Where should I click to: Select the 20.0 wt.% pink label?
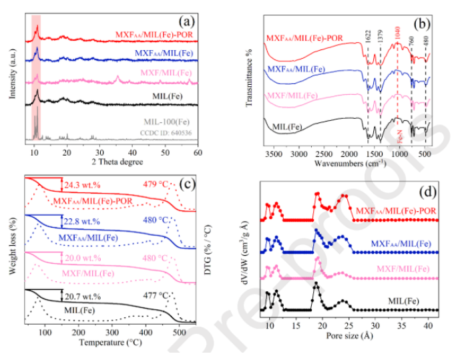(80, 258)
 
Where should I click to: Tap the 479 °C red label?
(158, 184)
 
